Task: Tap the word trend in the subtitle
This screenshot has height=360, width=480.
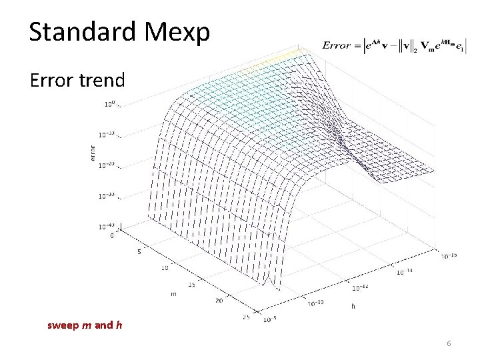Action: point(102,81)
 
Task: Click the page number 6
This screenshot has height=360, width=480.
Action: point(449,343)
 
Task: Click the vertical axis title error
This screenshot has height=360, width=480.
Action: point(92,154)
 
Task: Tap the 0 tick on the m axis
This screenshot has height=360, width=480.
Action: point(111,235)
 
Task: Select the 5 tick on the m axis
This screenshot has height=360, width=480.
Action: point(138,252)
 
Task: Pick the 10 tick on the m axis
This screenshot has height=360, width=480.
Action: point(163,269)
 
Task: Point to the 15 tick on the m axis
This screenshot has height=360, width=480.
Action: point(191,285)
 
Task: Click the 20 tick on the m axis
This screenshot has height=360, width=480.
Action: point(219,301)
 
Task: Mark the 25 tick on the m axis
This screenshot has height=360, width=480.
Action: point(245,317)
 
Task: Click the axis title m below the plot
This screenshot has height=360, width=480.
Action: point(173,294)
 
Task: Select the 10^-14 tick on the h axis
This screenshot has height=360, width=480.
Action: point(405,272)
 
